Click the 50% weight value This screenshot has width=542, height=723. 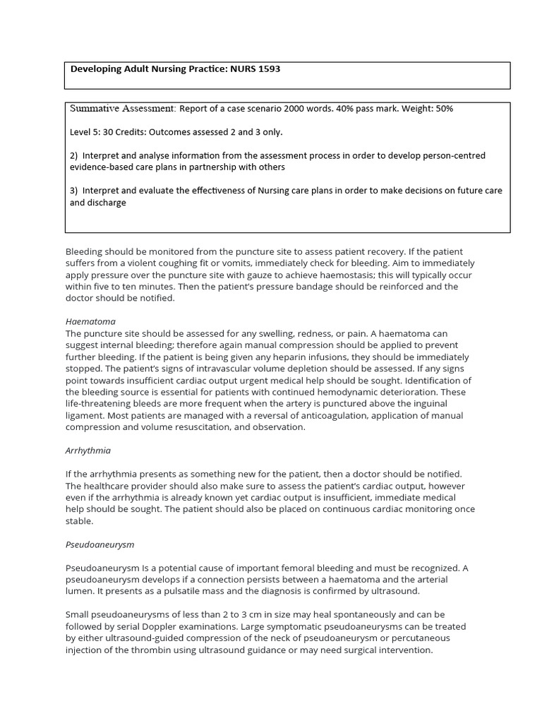click(x=442, y=109)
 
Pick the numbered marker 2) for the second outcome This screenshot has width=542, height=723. click(x=73, y=155)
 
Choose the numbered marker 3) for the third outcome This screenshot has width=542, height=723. click(x=73, y=191)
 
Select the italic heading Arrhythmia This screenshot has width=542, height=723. click(x=88, y=450)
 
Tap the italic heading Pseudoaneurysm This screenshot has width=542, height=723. click(x=100, y=544)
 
